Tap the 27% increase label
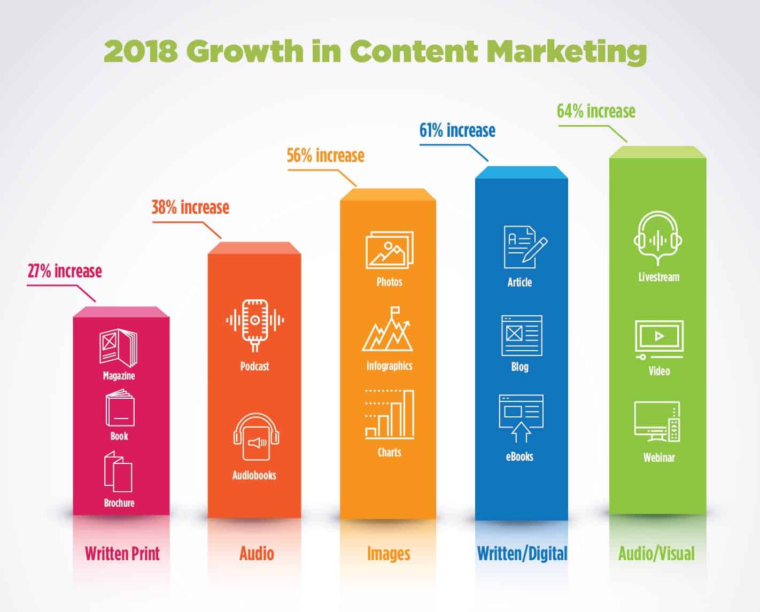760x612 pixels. pos(65,271)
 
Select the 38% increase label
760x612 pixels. pos(190,207)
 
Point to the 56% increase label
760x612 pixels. pos(325,156)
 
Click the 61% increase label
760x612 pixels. pos(457,130)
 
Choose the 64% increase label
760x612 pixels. pos(596,111)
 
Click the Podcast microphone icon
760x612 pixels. pos(255,323)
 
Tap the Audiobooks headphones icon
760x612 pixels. pos(256,437)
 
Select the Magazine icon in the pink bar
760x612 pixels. pos(118,348)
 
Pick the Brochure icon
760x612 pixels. pos(118,471)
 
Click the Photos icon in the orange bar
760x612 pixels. pos(389,250)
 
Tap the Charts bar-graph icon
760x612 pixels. pos(390,415)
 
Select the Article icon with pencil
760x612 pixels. pos(524,246)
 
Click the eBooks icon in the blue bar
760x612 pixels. pos(521,419)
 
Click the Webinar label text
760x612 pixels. pos(659,458)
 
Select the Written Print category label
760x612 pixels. pos(122,553)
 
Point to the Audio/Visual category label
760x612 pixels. pos(656,553)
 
